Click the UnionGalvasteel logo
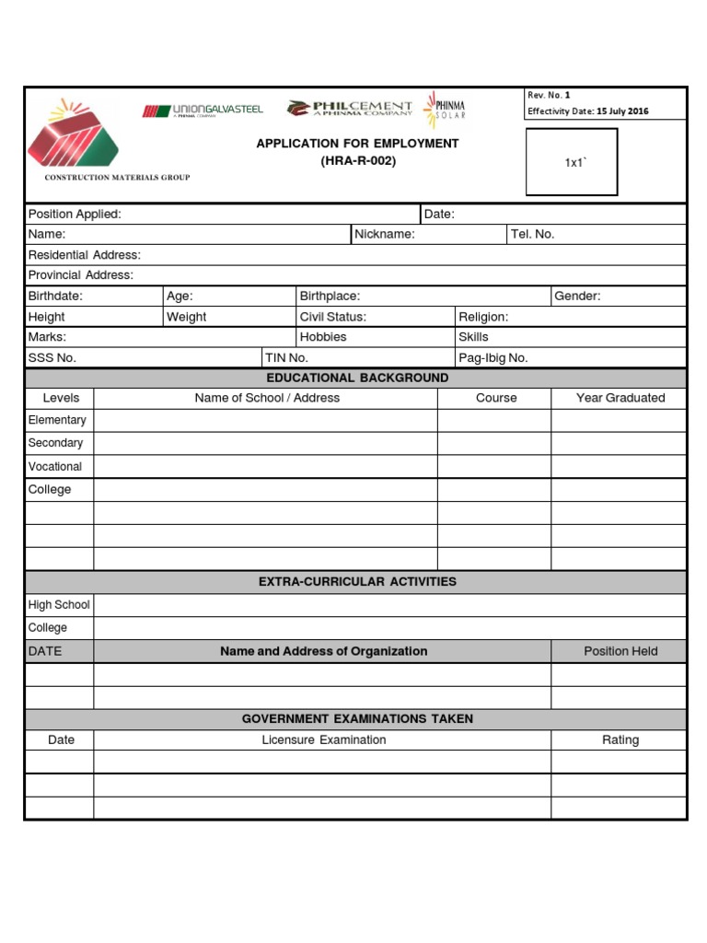click(x=203, y=111)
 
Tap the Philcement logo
click(x=349, y=109)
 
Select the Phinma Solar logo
click(x=445, y=108)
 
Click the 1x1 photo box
click(x=572, y=162)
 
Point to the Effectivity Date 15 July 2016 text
click(x=587, y=111)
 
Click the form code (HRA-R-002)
click(x=357, y=161)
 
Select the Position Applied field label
click(x=75, y=215)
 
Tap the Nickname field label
click(x=385, y=235)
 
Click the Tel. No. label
click(x=532, y=235)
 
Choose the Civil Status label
click(x=333, y=317)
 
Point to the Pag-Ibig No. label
click(x=493, y=358)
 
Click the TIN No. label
click(x=285, y=358)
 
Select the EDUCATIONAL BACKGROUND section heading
click(x=357, y=378)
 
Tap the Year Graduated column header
click(x=620, y=399)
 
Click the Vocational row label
click(x=55, y=467)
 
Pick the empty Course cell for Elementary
click(x=494, y=421)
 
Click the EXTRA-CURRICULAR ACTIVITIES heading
click(x=357, y=582)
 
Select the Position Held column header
click(x=620, y=652)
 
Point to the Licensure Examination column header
click(x=323, y=740)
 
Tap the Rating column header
click(x=620, y=740)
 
